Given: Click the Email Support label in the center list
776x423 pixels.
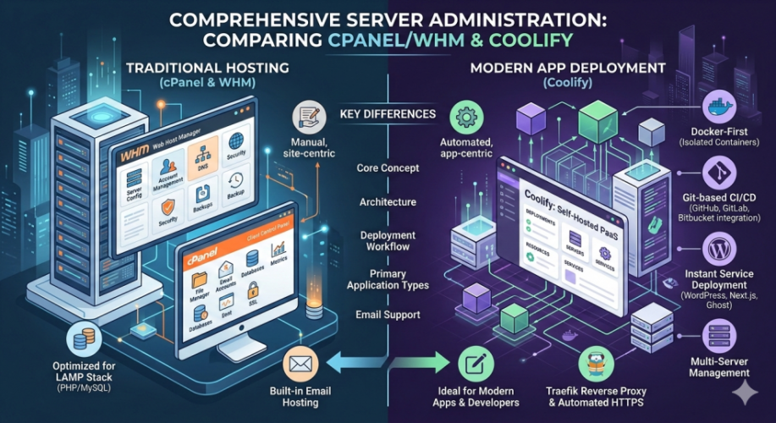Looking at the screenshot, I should coord(388,315).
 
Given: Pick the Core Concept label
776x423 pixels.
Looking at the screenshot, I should coord(388,168).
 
